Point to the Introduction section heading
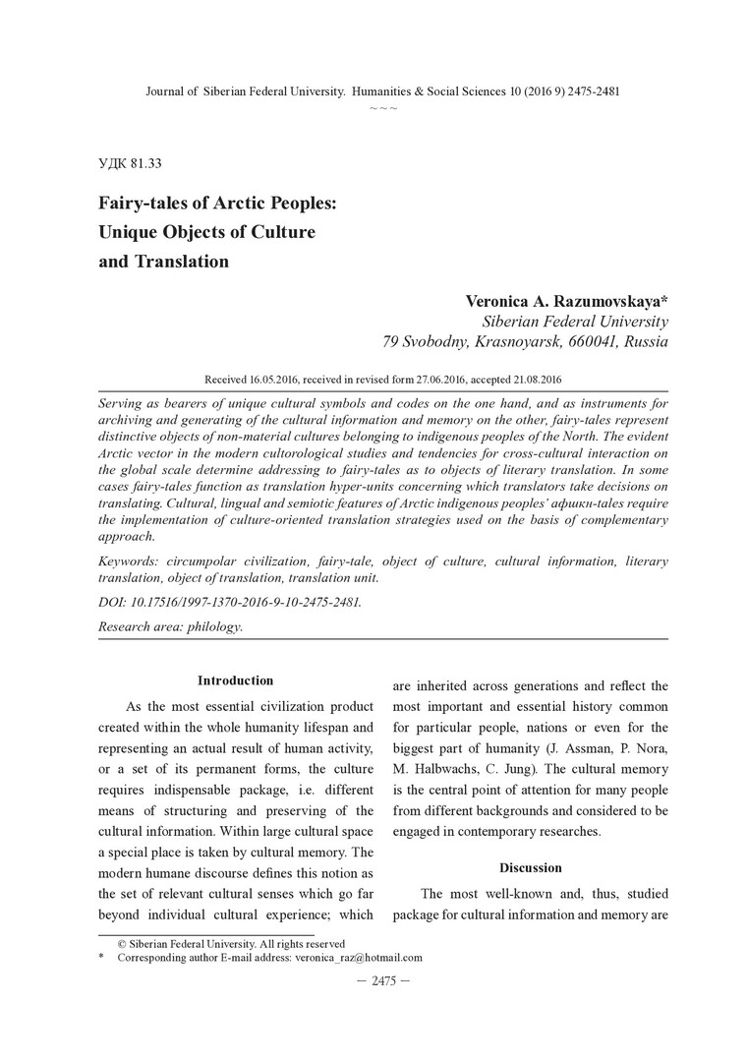[235, 680]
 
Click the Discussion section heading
[530, 868]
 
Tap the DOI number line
[230, 603]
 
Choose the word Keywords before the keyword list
[131, 561]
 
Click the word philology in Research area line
[214, 626]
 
